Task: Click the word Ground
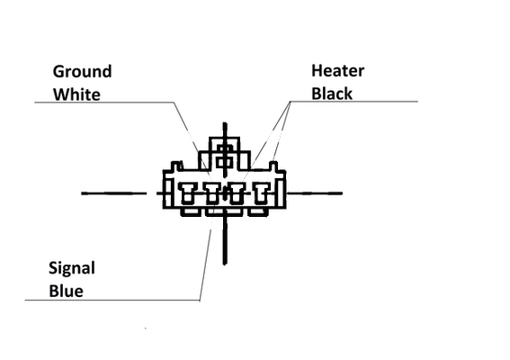pyautogui.click(x=82, y=72)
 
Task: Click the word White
pyautogui.click(x=76, y=94)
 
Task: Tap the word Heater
pyautogui.click(x=338, y=70)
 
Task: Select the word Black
pyautogui.click(x=332, y=94)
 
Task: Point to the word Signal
pyautogui.click(x=72, y=269)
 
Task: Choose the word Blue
pyautogui.click(x=66, y=291)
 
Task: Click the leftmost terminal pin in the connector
pyautogui.click(x=188, y=193)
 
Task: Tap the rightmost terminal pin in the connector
pyautogui.click(x=261, y=193)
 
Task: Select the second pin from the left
pyautogui.click(x=212, y=193)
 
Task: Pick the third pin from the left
pyautogui.click(x=237, y=193)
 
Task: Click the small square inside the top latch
pyautogui.click(x=225, y=162)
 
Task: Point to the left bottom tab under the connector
pyautogui.click(x=190, y=211)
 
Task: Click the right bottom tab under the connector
pyautogui.click(x=258, y=211)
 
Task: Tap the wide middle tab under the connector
pyautogui.click(x=224, y=211)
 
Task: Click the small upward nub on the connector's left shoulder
pyautogui.click(x=176, y=166)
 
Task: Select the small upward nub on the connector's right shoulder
pyautogui.click(x=273, y=166)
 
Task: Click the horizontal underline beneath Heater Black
pyautogui.click(x=353, y=102)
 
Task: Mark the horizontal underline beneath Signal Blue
pyautogui.click(x=112, y=300)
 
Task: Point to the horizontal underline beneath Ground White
pyautogui.click(x=104, y=103)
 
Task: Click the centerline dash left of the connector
pyautogui.click(x=114, y=193)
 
